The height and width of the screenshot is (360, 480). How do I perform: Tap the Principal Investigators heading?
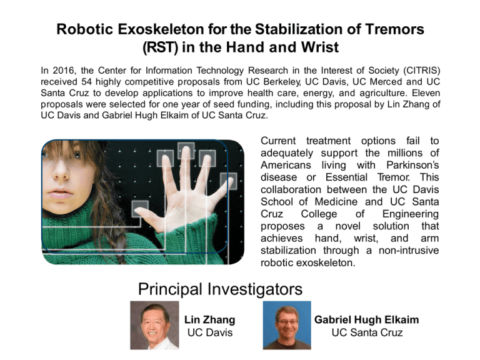click(219, 289)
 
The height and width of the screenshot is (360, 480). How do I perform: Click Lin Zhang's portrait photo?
click(154, 325)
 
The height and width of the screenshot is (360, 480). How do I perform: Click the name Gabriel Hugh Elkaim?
click(367, 319)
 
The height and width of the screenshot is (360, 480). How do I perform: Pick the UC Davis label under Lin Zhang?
click(210, 332)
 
